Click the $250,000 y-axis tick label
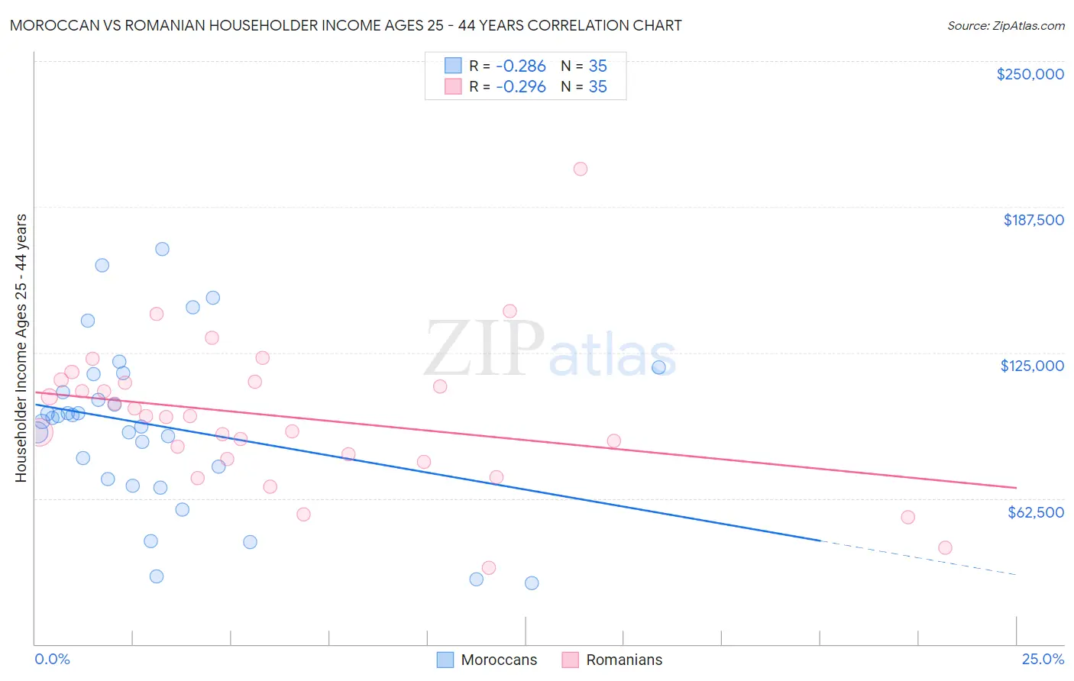click(1030, 74)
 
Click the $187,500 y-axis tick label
click(1033, 220)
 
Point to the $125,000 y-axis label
click(1032, 366)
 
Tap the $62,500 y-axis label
click(1035, 512)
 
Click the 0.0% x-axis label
click(52, 659)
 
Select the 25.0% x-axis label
click(1043, 659)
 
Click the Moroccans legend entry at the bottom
click(498, 660)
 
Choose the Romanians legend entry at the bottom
click(623, 660)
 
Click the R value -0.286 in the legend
click(521, 66)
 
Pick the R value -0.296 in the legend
click(521, 86)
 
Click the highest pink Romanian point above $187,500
click(581, 169)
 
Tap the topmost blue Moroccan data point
click(162, 249)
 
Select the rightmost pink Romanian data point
click(945, 547)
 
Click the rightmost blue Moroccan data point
click(658, 367)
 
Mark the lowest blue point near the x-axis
click(532, 583)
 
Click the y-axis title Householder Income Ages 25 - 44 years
click(21, 347)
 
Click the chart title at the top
click(345, 25)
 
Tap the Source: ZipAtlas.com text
click(1005, 25)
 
